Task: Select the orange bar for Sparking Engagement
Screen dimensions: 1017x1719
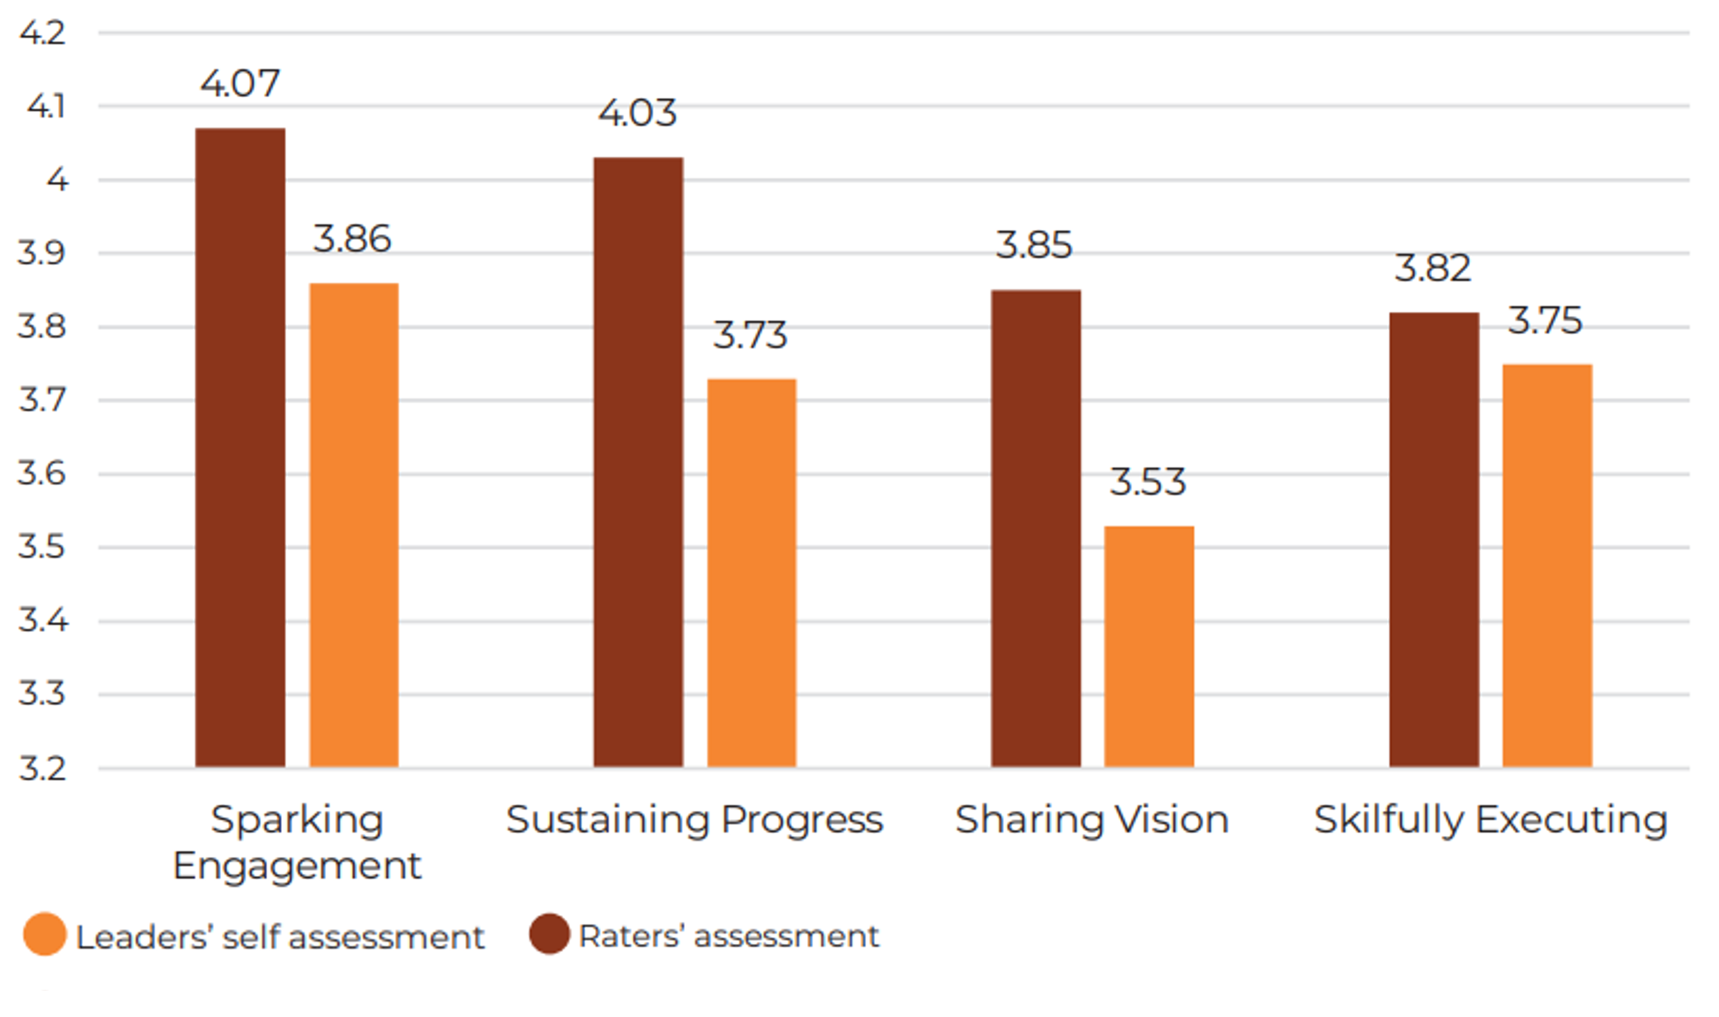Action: coord(354,524)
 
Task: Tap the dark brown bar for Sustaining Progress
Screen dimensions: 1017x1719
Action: coord(639,462)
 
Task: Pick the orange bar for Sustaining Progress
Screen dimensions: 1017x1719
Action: coord(751,572)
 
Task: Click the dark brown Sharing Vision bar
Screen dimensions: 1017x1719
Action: coord(1036,528)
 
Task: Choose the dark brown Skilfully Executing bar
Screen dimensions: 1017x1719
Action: coord(1435,539)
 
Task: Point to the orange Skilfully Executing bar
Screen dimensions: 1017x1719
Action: coord(1547,566)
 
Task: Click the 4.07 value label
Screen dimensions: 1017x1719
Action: coord(240,84)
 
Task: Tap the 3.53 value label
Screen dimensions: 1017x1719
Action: coord(1148,482)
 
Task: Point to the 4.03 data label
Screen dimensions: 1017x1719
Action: coord(638,113)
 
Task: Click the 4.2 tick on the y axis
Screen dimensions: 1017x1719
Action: coord(43,33)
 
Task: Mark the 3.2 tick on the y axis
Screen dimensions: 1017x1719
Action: coord(43,769)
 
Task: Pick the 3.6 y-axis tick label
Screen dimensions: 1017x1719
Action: coord(43,473)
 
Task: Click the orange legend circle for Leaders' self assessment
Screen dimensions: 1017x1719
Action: coord(45,933)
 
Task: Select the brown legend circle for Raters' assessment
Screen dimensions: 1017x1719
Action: coord(549,933)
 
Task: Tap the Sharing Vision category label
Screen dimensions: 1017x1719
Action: coord(1091,819)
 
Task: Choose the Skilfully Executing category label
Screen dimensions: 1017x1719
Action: coord(1491,819)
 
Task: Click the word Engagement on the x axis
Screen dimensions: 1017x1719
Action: coord(297,866)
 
